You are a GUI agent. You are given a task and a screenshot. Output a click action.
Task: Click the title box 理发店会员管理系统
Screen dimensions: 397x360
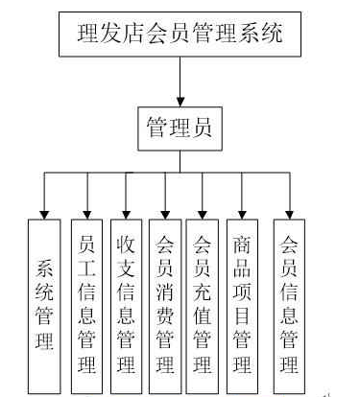point(180,36)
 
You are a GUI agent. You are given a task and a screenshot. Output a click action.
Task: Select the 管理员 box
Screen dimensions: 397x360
point(180,128)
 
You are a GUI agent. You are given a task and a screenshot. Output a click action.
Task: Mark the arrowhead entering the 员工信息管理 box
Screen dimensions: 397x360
point(87,213)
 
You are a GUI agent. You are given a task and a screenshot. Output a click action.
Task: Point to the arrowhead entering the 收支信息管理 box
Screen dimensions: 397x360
point(126,213)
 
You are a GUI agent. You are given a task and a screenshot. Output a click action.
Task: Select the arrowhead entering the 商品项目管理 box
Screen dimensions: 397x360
point(242,213)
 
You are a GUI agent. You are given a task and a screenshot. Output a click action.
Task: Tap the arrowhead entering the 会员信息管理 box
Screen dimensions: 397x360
point(287,213)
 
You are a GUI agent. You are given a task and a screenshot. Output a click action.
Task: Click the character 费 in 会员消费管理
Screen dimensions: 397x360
point(164,315)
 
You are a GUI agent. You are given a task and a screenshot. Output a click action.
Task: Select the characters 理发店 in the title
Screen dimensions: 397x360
point(112,36)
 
